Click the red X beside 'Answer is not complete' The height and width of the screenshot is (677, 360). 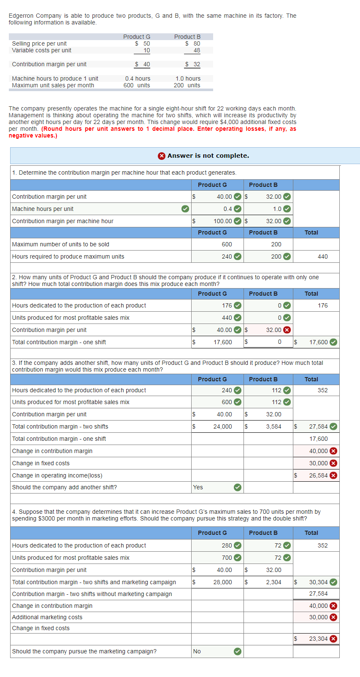pyautogui.click(x=162, y=156)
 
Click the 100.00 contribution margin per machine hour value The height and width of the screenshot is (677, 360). pyautogui.click(x=224, y=221)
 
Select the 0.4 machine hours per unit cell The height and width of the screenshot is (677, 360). pyautogui.click(x=227, y=209)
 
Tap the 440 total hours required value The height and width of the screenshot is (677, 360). pyautogui.click(x=322, y=256)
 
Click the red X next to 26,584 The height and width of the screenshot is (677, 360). pyautogui.click(x=333, y=475)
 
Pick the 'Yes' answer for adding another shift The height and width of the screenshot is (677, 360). pyautogui.click(x=198, y=487)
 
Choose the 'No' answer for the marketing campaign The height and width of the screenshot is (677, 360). pyautogui.click(x=197, y=651)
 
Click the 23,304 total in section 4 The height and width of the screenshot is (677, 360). pyautogui.click(x=318, y=639)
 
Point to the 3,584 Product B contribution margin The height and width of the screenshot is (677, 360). pyautogui.click(x=273, y=426)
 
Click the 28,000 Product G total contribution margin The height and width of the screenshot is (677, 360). pyautogui.click(x=222, y=582)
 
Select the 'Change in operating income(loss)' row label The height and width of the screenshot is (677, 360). pyautogui.click(x=57, y=475)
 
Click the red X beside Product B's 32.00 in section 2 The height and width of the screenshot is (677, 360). pyautogui.click(x=287, y=330)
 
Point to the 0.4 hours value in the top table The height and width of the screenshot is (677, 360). pyautogui.click(x=138, y=78)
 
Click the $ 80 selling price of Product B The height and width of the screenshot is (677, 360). pyautogui.click(x=193, y=43)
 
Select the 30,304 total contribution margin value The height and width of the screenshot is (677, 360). pyautogui.click(x=318, y=582)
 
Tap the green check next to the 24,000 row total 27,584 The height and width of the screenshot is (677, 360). pyautogui.click(x=333, y=426)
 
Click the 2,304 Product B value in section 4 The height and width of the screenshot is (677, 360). pyautogui.click(x=273, y=582)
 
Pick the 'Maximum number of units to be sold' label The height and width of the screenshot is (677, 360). pyautogui.click(x=60, y=244)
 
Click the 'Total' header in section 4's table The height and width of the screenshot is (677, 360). pyautogui.click(x=311, y=533)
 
